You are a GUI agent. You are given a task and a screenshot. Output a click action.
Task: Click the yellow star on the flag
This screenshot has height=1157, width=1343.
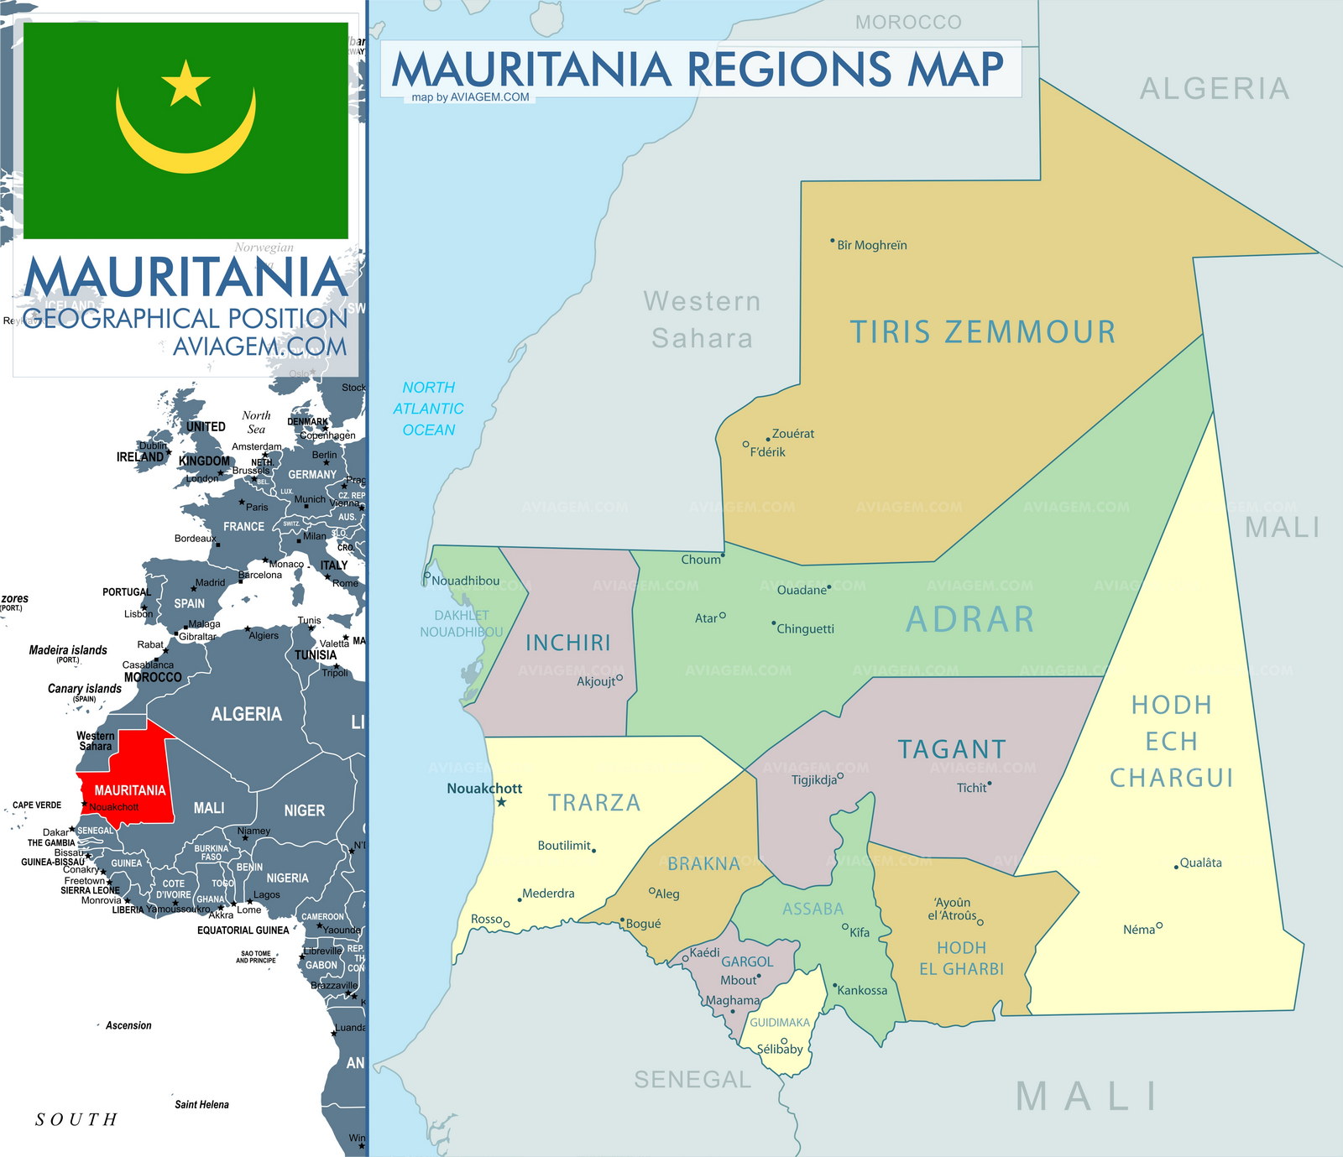[x=186, y=84]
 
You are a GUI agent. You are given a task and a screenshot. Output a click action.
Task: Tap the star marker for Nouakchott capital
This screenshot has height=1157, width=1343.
[x=501, y=803]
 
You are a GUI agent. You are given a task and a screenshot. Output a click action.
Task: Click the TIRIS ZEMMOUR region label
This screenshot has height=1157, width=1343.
[x=983, y=332]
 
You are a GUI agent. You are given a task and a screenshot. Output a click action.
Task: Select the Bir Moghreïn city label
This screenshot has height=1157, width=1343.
[x=871, y=245]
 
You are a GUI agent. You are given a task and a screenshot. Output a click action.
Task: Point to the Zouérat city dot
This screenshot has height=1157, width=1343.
[x=767, y=440]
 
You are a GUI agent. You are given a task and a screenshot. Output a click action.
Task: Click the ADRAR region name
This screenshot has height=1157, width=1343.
[x=969, y=619]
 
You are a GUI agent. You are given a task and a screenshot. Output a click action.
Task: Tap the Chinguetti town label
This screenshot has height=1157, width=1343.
[x=805, y=629]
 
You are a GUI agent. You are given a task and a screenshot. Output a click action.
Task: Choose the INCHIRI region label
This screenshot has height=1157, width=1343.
[x=568, y=643]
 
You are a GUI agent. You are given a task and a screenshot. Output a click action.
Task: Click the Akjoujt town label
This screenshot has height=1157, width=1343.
[x=596, y=681]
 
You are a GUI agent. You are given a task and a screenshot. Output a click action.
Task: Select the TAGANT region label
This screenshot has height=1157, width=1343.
[x=952, y=749]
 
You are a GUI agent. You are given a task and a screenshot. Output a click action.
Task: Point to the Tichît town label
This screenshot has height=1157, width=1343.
[x=972, y=788]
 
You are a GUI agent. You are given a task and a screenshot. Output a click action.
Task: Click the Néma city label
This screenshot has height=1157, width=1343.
[x=1138, y=930]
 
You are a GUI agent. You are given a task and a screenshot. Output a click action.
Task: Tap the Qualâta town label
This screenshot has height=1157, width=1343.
[x=1200, y=863]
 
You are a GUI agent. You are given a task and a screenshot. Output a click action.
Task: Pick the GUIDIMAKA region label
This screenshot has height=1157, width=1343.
[x=780, y=1023]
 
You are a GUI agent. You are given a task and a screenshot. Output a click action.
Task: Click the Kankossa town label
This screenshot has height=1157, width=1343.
[x=862, y=990]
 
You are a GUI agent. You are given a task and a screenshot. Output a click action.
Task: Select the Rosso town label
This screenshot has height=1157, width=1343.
[x=486, y=919]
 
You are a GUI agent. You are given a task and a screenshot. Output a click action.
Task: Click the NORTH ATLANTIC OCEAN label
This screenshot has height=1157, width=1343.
[x=428, y=409]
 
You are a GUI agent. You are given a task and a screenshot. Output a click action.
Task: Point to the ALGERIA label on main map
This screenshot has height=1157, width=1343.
[x=1214, y=89]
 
